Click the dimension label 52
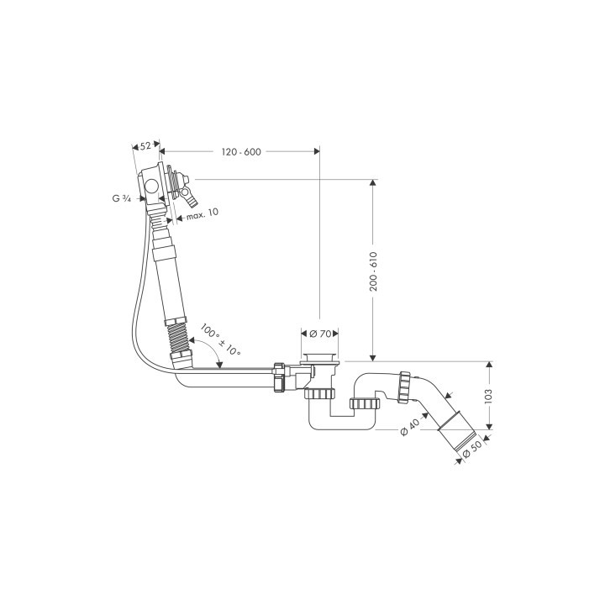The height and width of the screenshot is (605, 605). [x=145, y=145]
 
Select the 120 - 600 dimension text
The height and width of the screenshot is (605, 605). [x=242, y=152]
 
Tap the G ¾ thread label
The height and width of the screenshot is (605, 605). [x=122, y=198]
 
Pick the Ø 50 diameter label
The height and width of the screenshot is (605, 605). [x=471, y=449]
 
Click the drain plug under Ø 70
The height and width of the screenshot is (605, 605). [x=320, y=360]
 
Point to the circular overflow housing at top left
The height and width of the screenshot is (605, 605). [x=152, y=187]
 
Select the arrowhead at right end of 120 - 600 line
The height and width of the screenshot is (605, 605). [x=317, y=152]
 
